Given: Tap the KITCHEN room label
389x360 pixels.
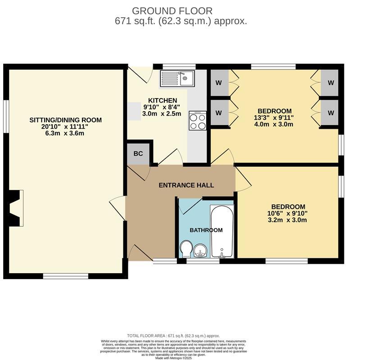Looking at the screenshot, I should tap(163, 100).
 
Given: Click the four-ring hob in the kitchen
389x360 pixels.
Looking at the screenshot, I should tap(198, 120).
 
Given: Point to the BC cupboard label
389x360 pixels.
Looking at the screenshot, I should tap(138, 153).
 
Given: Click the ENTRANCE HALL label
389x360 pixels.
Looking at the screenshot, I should tap(186, 185).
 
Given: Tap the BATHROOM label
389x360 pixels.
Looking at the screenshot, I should tap(206, 230).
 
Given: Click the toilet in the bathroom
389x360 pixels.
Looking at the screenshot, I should tap(185, 248).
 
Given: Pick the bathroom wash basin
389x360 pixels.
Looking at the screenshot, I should tap(201, 250).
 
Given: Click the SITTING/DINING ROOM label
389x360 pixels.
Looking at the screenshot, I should tap(66, 120).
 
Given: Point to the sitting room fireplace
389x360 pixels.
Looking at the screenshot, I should tap(16, 208).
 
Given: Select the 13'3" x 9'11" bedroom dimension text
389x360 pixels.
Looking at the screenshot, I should tap(274, 117).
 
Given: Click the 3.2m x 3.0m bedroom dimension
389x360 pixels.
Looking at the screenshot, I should tap(288, 220).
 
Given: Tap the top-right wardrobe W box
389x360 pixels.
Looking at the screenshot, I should tap(330, 83).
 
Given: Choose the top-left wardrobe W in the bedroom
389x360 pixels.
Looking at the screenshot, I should tap(219, 83).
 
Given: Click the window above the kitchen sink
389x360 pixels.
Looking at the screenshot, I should tap(179, 67).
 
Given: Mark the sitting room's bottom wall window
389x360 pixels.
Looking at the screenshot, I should tap(65, 275).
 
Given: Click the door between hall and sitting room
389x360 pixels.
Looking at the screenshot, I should tap(118, 208).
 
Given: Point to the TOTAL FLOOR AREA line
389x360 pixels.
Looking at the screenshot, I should tap(173, 336).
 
